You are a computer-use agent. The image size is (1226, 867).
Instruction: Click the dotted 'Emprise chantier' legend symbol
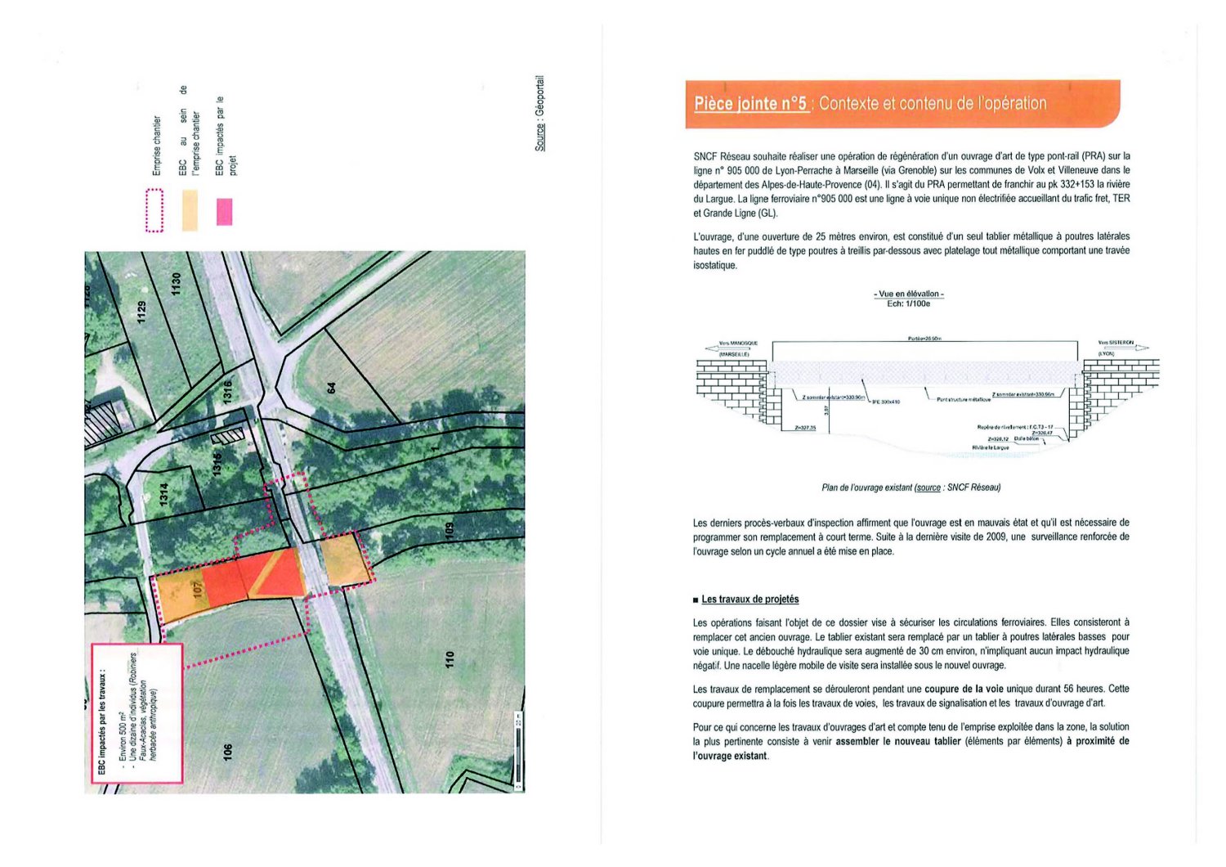(154, 210)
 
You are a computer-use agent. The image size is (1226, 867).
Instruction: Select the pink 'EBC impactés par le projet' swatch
(224, 212)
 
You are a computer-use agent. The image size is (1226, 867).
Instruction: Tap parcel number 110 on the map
(449, 658)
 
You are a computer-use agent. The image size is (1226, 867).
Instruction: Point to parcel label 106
(227, 751)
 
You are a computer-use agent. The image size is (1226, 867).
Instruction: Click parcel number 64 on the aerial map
(332, 387)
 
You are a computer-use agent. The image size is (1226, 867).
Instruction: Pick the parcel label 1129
(141, 312)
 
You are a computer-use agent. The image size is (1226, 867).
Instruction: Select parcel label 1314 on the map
(163, 494)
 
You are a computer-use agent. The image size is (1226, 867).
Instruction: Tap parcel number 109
(449, 530)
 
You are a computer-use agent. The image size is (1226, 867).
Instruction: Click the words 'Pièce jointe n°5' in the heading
(750, 104)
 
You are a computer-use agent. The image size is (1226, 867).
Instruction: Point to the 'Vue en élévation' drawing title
(908, 294)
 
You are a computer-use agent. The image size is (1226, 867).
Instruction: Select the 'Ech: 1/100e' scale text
(908, 303)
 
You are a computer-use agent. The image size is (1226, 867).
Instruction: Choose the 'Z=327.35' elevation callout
(804, 428)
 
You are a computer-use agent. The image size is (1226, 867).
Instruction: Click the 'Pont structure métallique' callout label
(963, 400)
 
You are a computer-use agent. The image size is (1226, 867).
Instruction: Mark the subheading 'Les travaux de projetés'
(749, 600)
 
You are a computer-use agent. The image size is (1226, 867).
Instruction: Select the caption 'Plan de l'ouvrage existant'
(866, 487)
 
